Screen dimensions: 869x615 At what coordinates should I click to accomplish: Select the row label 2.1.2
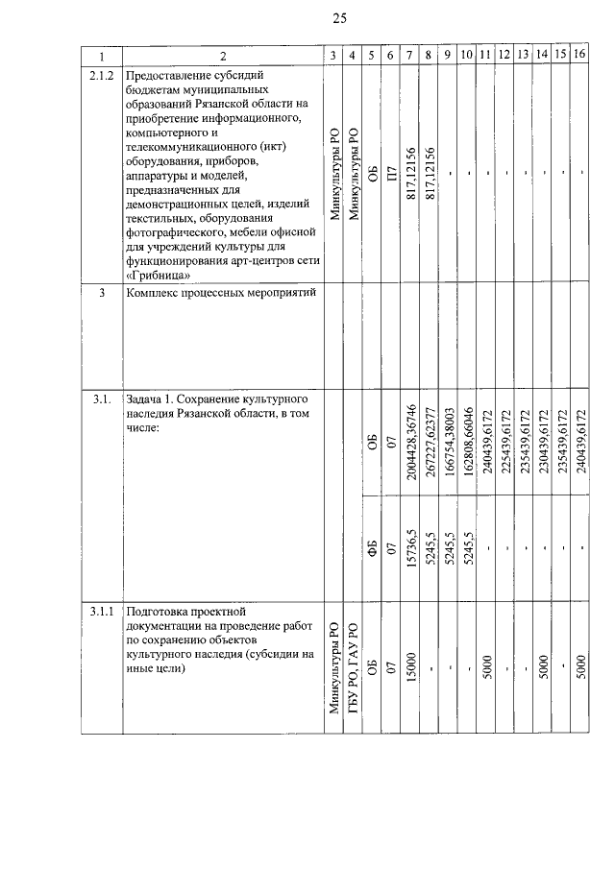[x=101, y=74]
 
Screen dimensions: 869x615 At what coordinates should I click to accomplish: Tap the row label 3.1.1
[x=101, y=611]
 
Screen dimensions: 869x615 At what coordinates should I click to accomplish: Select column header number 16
[x=579, y=55]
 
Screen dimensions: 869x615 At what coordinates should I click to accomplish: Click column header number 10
[x=467, y=55]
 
